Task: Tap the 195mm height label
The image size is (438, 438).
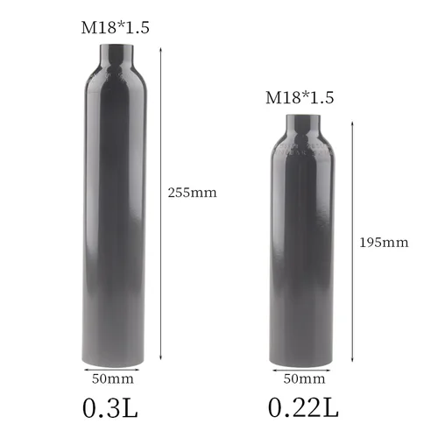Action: pyautogui.click(x=385, y=242)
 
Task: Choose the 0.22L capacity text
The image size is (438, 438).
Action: pyautogui.click(x=302, y=408)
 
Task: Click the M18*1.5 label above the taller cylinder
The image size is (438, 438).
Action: pyautogui.click(x=116, y=27)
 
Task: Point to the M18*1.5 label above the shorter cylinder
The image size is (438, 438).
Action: pyautogui.click(x=300, y=97)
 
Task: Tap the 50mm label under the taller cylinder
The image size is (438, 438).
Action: pyautogui.click(x=113, y=378)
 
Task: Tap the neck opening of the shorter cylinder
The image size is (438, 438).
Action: pyautogui.click(x=300, y=115)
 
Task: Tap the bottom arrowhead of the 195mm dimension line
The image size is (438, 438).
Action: pyautogui.click(x=352, y=361)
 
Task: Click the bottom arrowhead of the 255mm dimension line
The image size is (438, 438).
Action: pyautogui.click(x=161, y=361)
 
